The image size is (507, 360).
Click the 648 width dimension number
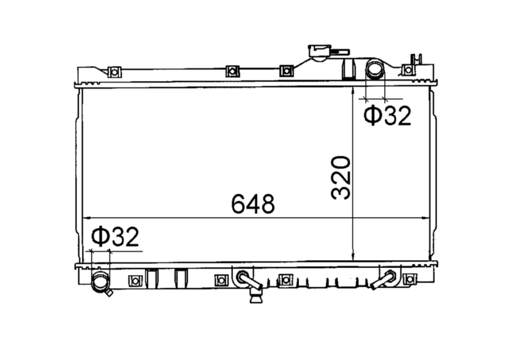pos(253,204)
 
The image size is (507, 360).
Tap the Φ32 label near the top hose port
pos(387,116)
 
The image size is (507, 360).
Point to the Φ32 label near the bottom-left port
pos(115,238)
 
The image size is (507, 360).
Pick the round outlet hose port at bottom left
pos(101,282)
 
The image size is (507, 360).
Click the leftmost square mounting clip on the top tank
pos(114,72)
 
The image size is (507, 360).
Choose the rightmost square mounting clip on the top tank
pos(408,70)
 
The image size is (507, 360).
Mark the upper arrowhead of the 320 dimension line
pos(352,92)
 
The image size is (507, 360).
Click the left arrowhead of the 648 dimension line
pos(85,217)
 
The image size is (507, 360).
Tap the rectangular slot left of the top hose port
pos(349,69)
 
